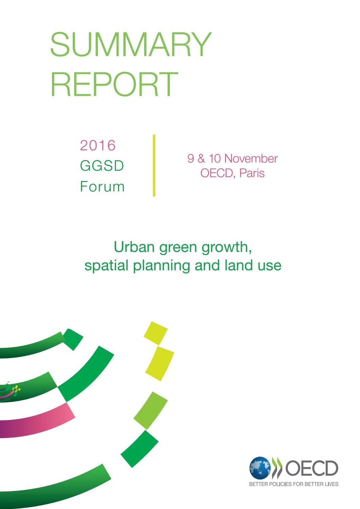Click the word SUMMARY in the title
131,45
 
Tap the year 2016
98,146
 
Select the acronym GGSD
102,166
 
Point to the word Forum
102,187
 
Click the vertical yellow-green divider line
154,166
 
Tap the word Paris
252,173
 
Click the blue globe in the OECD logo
260,468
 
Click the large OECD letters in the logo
312,468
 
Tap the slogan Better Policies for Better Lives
294,484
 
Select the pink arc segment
37,420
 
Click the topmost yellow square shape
156,333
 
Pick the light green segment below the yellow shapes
150,410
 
